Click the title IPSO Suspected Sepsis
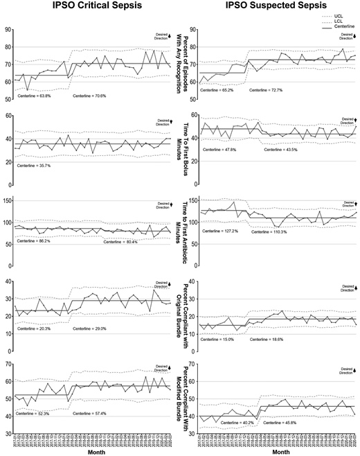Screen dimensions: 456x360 pyautogui.click(x=269, y=8)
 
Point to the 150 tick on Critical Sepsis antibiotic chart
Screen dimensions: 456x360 pyautogui.click(x=8, y=201)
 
